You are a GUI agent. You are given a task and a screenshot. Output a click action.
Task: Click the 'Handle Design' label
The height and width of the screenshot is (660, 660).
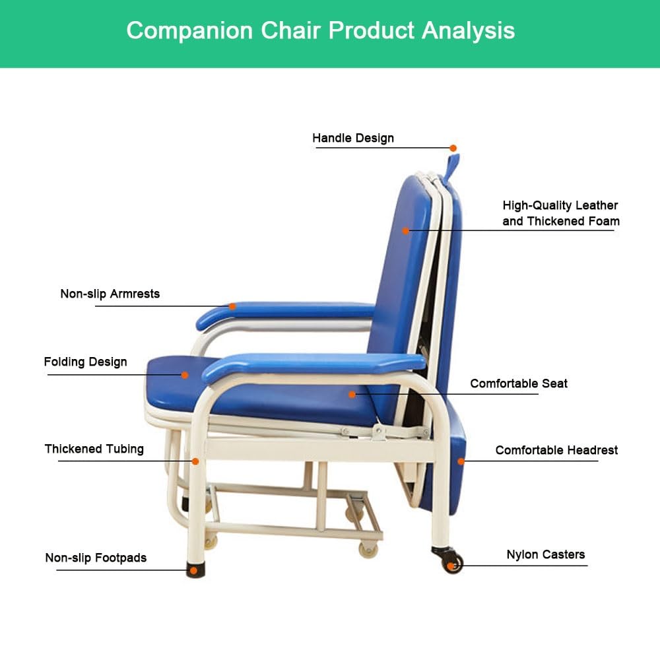[x=352, y=138]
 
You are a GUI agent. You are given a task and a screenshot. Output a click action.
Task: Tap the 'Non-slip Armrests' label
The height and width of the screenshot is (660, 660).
[x=110, y=294]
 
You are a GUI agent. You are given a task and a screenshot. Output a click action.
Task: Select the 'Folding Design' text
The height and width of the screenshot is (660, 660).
[x=85, y=362]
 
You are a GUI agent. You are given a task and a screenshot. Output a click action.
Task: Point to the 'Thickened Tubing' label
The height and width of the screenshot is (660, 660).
[x=94, y=449]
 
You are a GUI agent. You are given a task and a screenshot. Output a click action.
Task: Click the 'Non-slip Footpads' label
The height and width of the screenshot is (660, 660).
[x=96, y=558]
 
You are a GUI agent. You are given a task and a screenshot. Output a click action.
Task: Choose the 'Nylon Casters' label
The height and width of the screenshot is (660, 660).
[x=545, y=554]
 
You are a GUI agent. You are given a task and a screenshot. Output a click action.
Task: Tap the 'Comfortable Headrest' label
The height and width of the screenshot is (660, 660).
[x=556, y=450]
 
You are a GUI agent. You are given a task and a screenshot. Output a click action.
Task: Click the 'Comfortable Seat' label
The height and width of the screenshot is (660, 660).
[x=518, y=383]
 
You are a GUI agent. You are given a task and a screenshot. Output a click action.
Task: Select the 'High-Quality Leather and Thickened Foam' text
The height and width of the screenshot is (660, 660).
[x=560, y=213]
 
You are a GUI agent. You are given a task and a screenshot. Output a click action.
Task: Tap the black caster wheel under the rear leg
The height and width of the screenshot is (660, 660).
[x=452, y=562]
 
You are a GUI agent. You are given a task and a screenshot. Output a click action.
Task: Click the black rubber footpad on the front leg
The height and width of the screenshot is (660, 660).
[x=195, y=570]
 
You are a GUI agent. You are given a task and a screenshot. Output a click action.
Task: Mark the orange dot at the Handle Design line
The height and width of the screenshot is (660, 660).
[x=453, y=148]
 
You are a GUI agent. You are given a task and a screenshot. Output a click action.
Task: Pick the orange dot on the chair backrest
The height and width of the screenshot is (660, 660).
[x=406, y=230]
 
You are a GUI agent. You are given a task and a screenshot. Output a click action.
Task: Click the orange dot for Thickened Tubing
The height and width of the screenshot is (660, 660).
[x=195, y=461]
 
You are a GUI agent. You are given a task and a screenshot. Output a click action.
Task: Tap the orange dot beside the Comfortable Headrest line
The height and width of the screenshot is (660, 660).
[x=461, y=461]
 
